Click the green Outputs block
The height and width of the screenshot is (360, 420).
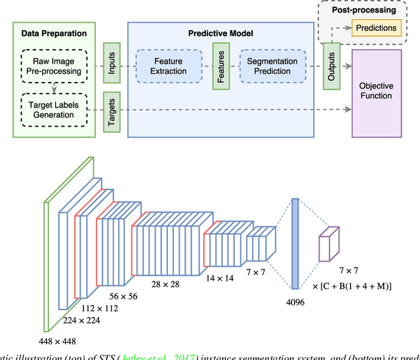pos(331,66)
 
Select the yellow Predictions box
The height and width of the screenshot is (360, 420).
pos(375,28)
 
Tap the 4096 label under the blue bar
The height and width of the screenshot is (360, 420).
pos(295,303)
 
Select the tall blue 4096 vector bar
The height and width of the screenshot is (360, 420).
pos(295,245)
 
